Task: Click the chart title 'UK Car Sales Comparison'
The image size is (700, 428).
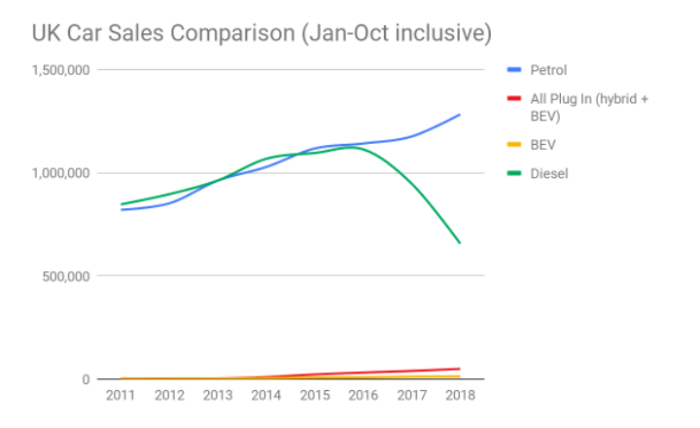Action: coord(261,33)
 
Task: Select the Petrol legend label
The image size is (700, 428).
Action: coord(548,70)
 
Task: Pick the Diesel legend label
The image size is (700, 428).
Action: coord(548,174)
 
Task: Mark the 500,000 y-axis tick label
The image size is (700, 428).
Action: coord(66,276)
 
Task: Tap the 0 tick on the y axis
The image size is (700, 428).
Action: coord(86,379)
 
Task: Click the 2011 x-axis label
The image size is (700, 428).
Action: coord(121,396)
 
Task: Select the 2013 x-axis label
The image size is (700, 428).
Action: coord(218,396)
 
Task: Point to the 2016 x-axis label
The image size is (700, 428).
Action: coord(363,396)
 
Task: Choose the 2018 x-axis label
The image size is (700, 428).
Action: coord(460,396)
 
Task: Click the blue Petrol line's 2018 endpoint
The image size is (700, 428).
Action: coord(460,115)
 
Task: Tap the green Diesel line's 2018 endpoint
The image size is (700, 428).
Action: coord(460,243)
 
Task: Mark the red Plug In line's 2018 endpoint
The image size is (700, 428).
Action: coord(460,369)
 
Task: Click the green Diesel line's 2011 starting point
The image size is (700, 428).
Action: coord(121,204)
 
